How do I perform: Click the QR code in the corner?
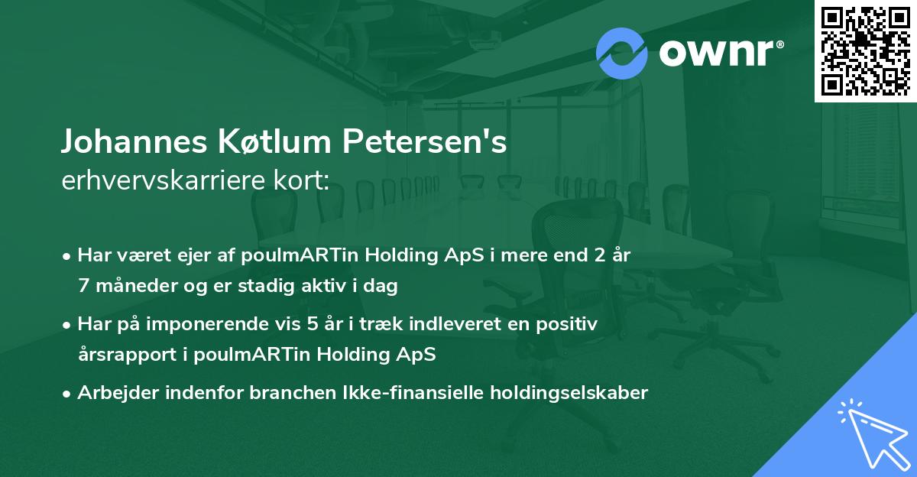[865, 51]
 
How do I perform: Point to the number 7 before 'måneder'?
[83, 287]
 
